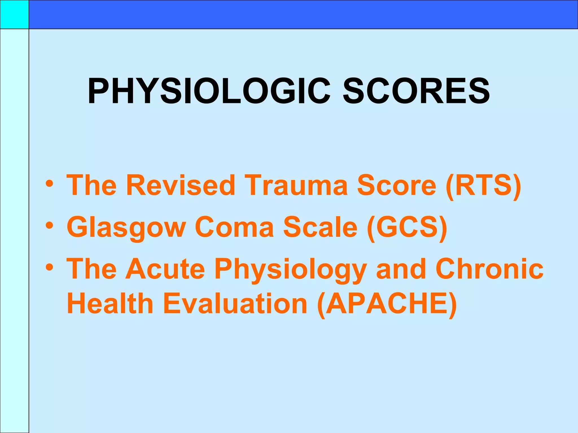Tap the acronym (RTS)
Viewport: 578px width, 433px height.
[x=483, y=185]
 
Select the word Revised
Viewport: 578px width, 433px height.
[x=181, y=185]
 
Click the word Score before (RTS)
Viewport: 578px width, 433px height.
[x=397, y=185]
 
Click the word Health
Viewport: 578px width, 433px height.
[x=110, y=304]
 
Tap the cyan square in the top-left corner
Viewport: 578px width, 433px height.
[x=14, y=14]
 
